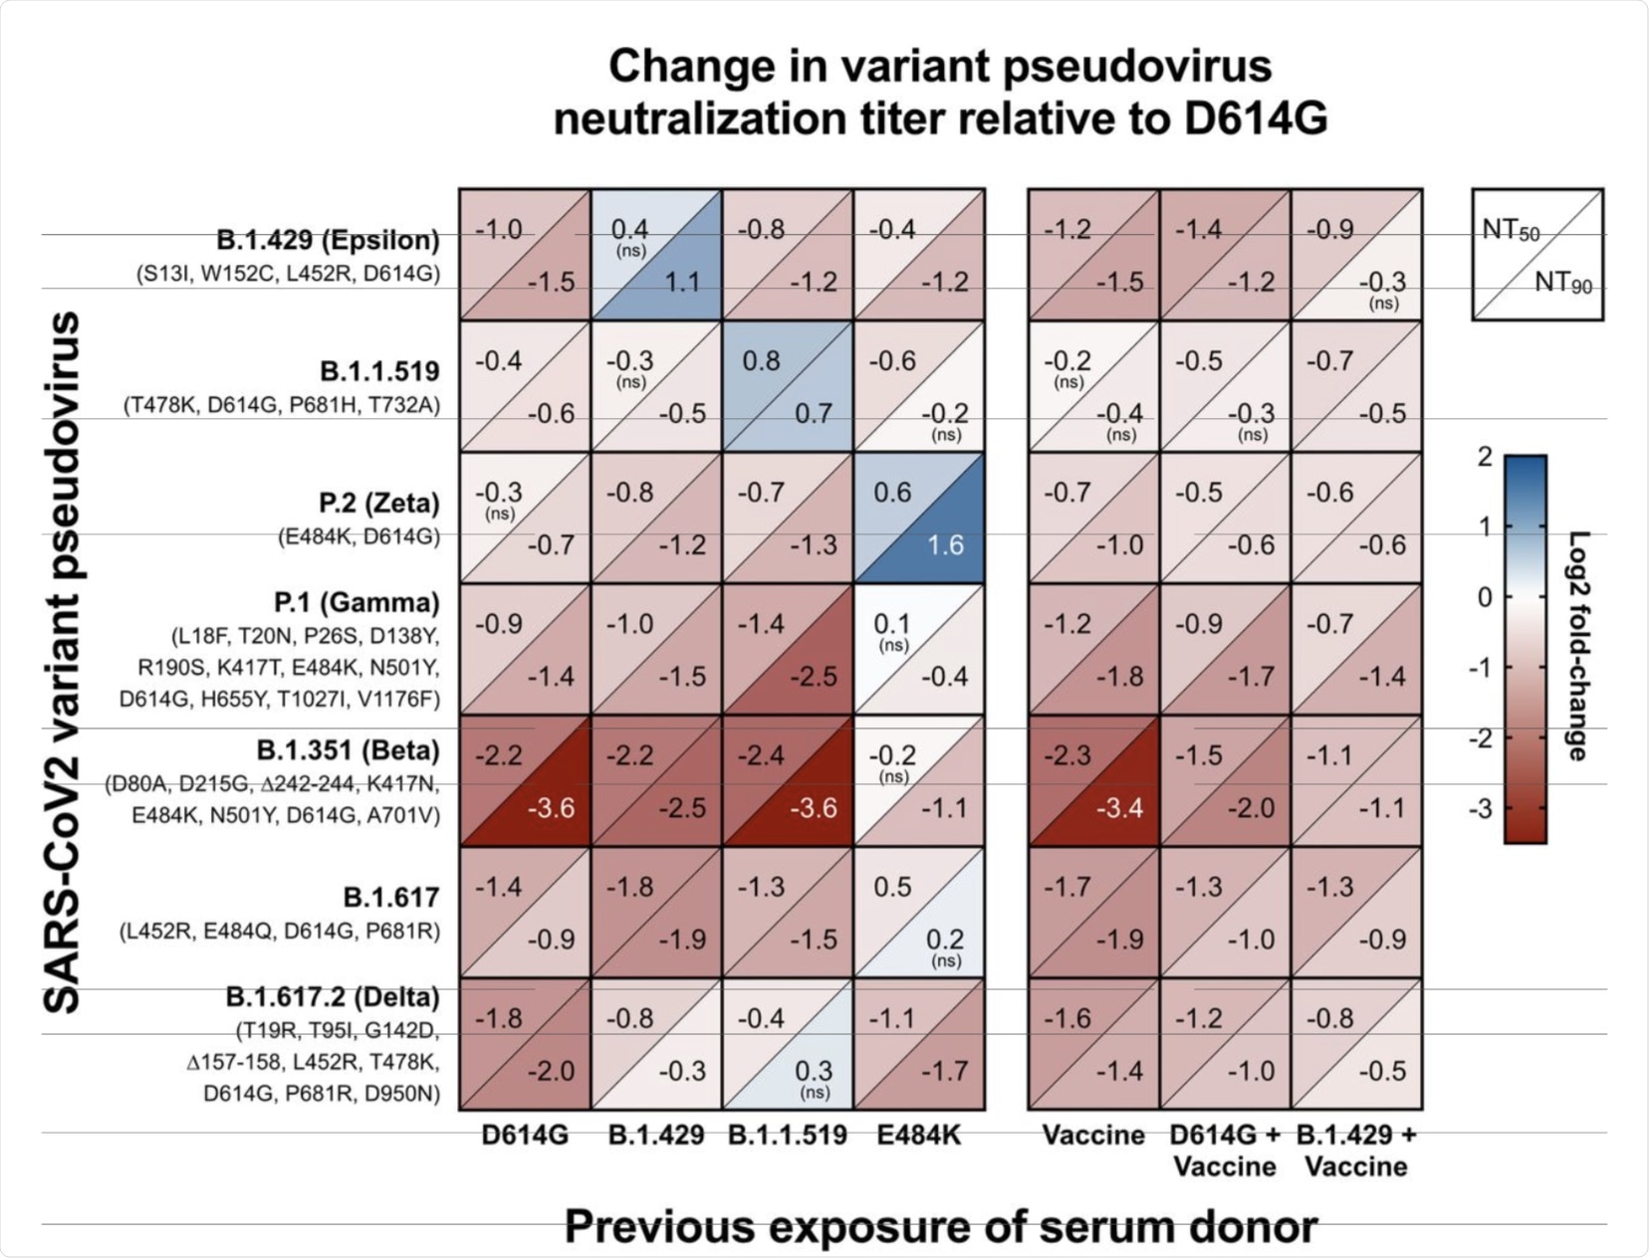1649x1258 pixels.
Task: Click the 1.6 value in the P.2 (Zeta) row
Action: (945, 545)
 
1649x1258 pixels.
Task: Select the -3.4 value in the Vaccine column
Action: (1119, 808)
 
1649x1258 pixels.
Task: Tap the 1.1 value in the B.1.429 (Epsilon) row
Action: (682, 283)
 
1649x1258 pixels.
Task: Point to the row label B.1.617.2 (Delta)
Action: (333, 997)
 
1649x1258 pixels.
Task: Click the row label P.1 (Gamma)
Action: (356, 603)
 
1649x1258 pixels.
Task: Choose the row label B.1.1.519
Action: (379, 372)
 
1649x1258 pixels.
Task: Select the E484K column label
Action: (918, 1136)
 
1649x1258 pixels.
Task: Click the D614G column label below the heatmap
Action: (525, 1136)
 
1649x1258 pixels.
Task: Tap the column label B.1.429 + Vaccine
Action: (1356, 1151)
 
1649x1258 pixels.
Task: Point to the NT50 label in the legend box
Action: (1511, 231)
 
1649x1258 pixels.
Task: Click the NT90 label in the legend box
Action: (1563, 284)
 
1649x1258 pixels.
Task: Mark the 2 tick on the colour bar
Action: (1485, 457)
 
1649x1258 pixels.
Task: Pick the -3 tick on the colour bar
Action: (1480, 808)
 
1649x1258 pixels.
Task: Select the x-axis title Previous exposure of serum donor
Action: (941, 1227)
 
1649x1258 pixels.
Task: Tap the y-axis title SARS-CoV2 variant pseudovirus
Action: (64, 662)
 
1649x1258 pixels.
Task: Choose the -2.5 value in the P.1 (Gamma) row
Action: (813, 677)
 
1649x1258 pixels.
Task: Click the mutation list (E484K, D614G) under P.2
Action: (358, 536)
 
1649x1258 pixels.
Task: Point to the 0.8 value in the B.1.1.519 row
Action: (761, 361)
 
